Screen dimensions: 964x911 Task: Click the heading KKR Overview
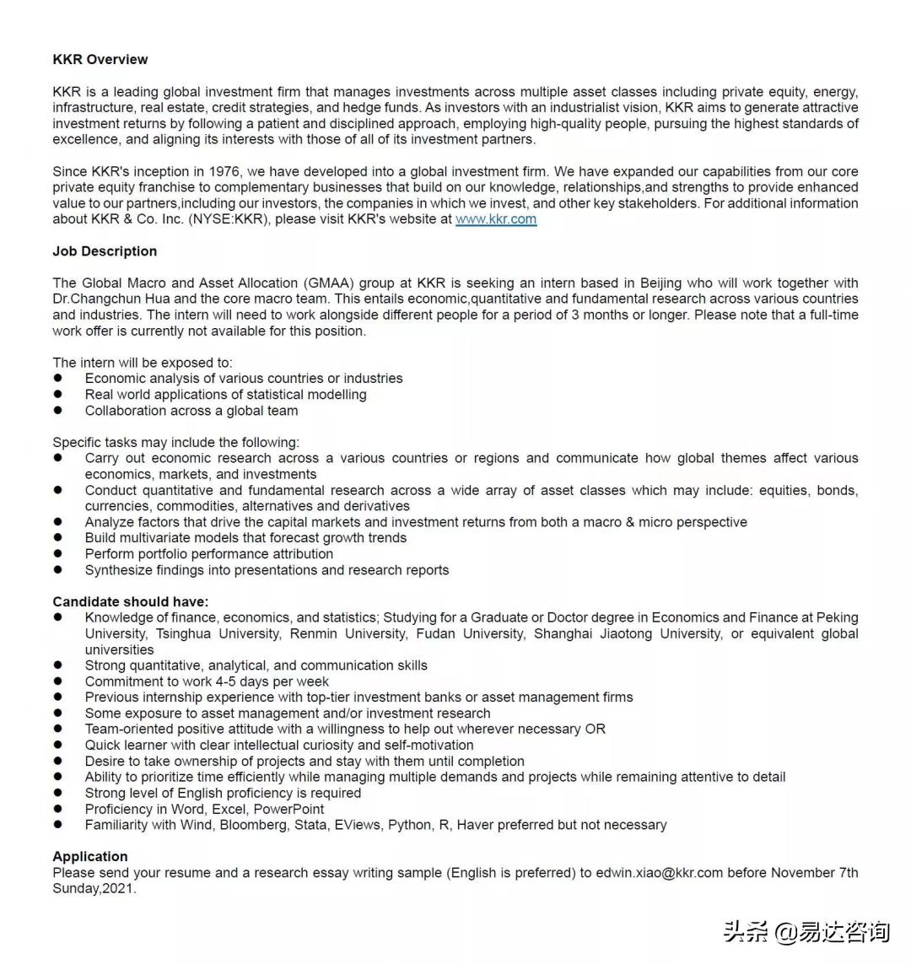pos(100,59)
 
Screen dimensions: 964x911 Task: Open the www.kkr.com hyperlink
pos(496,219)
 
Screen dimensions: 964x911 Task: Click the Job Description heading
pos(105,251)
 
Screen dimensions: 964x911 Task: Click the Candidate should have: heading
pos(131,601)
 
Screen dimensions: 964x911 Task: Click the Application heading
pos(90,857)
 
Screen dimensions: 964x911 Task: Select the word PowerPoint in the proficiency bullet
pos(289,809)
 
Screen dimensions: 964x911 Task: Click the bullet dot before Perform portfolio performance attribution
pos(58,554)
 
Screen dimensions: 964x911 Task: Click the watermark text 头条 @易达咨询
pos(806,931)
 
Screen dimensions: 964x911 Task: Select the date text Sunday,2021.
pos(94,889)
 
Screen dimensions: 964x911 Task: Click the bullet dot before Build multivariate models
pos(58,538)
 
